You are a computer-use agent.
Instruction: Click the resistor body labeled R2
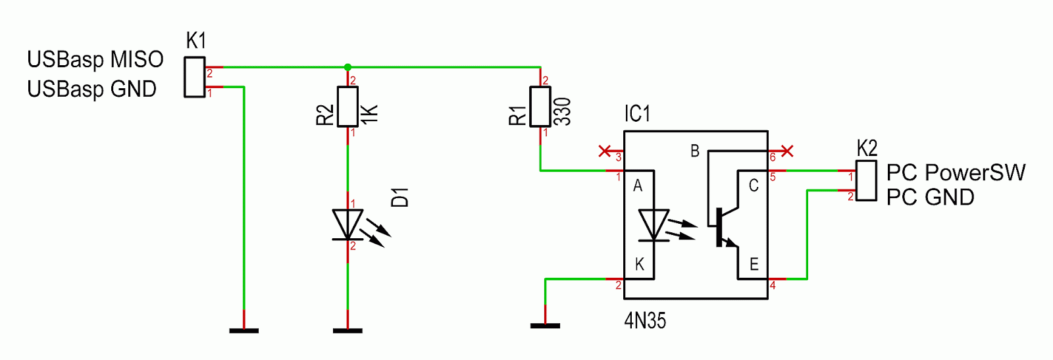[348, 106]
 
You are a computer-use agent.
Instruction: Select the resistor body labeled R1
[540, 106]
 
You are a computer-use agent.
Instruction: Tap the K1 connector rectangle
[195, 77]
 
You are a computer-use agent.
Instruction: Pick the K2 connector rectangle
[866, 181]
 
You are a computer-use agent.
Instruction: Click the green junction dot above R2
[347, 67]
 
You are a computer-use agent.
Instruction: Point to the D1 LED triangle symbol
[348, 224]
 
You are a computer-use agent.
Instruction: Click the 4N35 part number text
[645, 321]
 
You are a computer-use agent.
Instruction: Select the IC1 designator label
[637, 114]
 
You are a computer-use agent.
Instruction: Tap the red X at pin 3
[605, 151]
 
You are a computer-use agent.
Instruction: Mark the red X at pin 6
[787, 151]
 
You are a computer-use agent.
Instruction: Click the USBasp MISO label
[95, 60]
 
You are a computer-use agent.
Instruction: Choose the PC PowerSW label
[956, 172]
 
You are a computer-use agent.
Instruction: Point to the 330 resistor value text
[563, 112]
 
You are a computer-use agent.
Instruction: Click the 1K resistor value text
[370, 115]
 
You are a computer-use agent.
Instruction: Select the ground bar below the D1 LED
[347, 331]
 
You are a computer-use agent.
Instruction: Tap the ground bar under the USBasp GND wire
[244, 331]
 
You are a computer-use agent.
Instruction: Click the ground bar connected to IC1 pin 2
[546, 326]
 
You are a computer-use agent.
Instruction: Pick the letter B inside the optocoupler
[695, 151]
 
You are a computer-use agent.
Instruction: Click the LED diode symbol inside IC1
[654, 226]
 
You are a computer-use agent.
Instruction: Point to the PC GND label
[931, 197]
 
